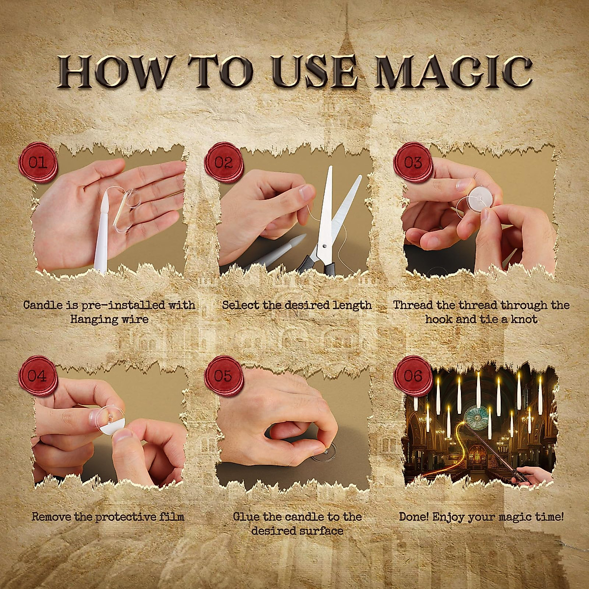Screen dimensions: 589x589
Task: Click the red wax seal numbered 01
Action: point(38,162)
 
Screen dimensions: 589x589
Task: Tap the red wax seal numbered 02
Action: point(224,162)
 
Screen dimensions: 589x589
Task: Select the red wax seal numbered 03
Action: point(413,162)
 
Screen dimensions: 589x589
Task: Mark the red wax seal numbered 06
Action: point(413,376)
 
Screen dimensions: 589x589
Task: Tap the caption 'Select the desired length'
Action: point(296,305)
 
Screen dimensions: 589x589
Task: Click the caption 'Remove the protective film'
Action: point(108,517)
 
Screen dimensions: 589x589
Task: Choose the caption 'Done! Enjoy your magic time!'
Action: point(481,517)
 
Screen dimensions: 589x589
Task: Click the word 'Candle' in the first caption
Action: point(43,305)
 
